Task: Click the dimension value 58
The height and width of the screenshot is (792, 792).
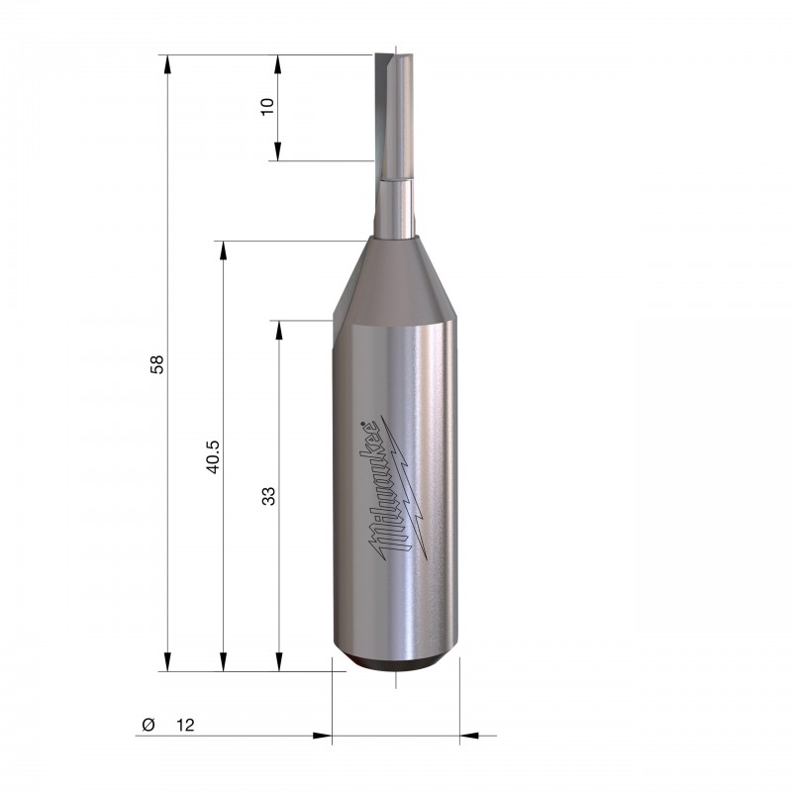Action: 157,364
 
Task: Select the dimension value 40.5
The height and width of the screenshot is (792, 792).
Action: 213,456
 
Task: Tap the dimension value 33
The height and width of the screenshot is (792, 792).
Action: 268,496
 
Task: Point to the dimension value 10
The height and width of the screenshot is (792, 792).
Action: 267,106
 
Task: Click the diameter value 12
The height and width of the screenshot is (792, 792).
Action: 185,725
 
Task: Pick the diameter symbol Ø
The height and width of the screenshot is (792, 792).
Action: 148,725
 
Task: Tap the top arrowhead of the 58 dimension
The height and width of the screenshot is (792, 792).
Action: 167,64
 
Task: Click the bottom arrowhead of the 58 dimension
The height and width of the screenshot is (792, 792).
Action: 167,661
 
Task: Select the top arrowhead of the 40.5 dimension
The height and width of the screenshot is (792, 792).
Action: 224,250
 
